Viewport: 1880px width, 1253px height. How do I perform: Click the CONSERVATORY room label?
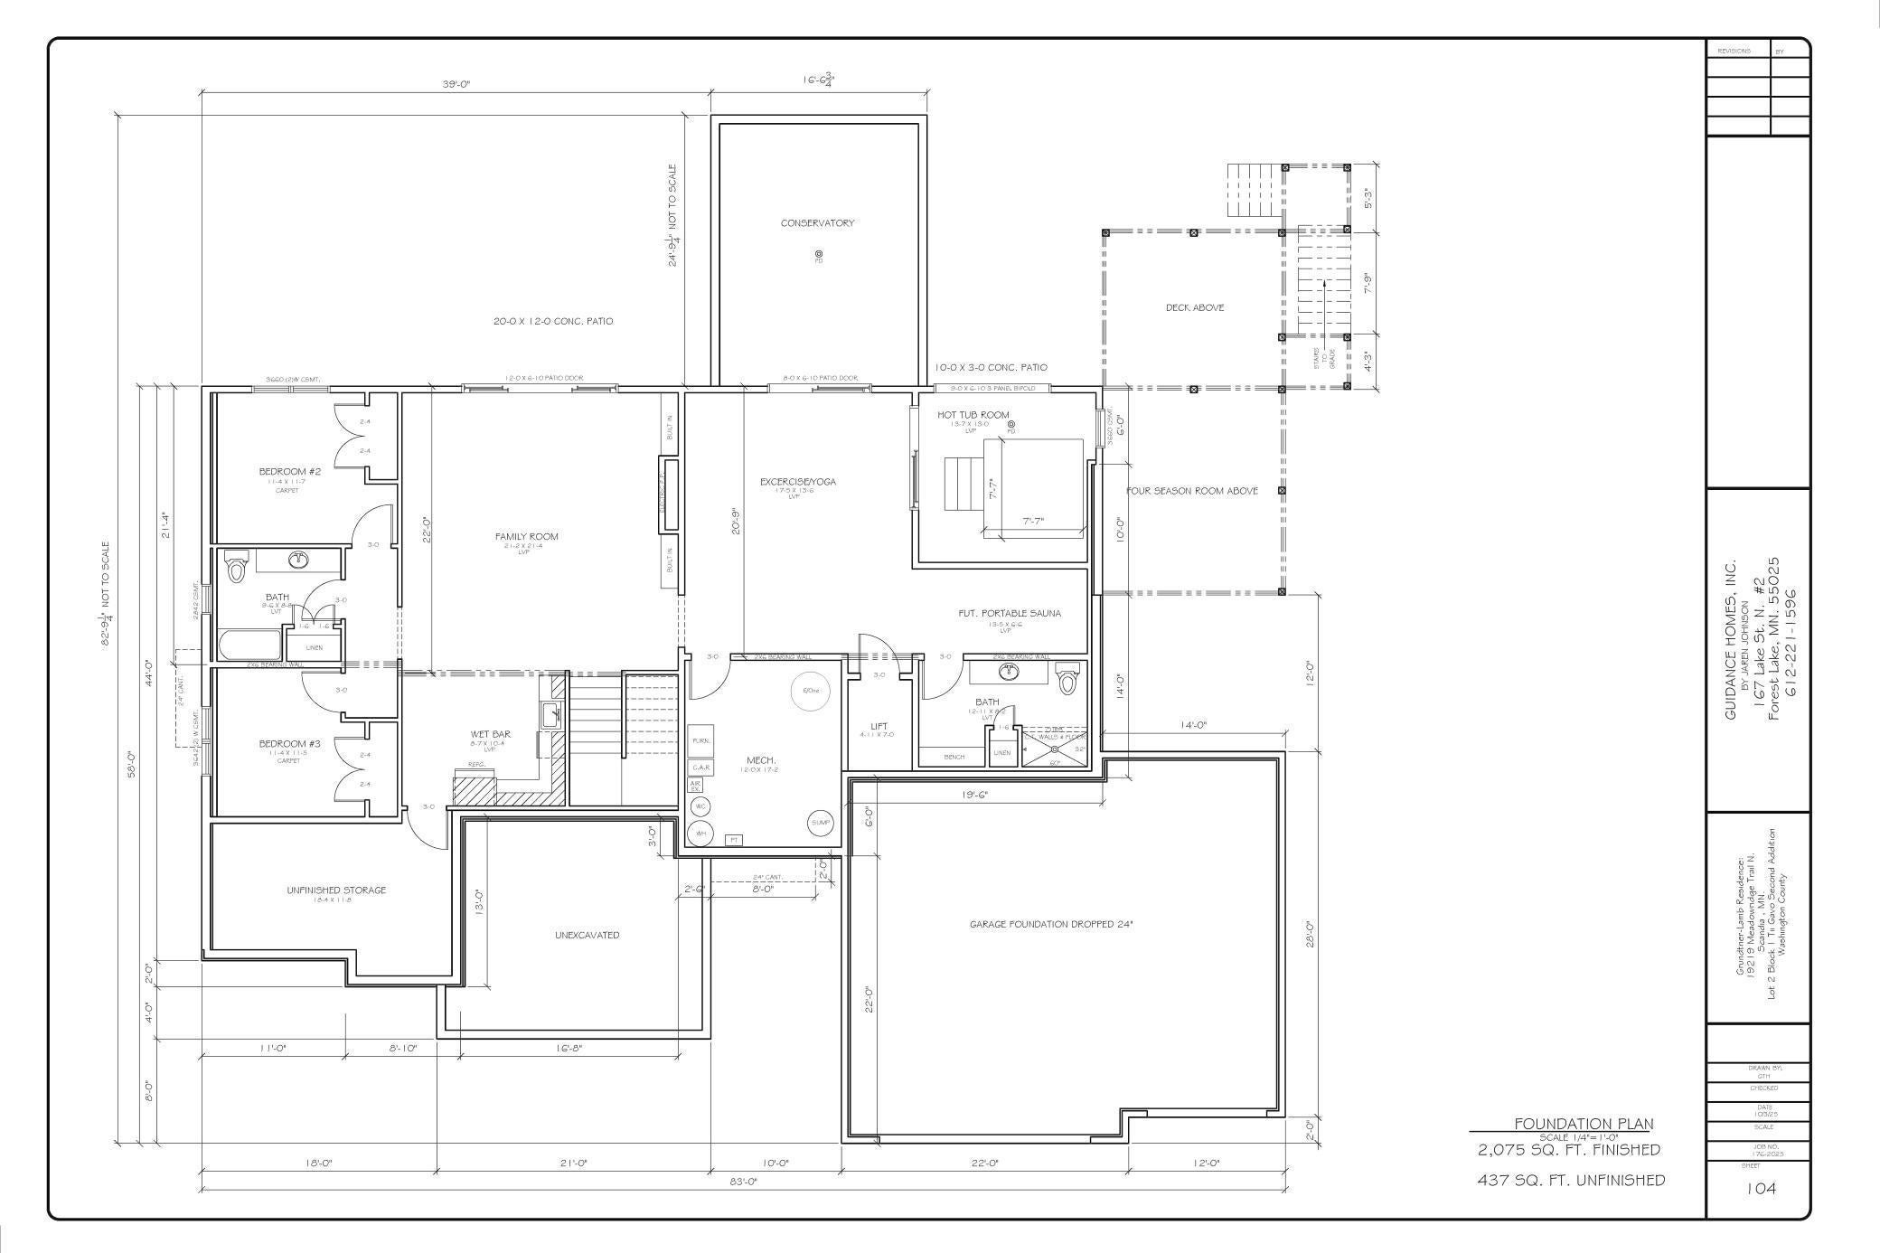(817, 223)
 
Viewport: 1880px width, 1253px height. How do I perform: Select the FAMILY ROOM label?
(526, 537)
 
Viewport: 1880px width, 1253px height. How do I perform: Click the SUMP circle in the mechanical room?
(820, 823)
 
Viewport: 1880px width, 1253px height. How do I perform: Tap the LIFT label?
(879, 727)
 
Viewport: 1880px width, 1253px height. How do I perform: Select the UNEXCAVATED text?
(587, 936)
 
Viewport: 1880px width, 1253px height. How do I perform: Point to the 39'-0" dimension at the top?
(456, 84)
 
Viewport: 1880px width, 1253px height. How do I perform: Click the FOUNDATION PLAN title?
(1583, 1124)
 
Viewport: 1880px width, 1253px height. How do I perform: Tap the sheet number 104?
(1761, 1188)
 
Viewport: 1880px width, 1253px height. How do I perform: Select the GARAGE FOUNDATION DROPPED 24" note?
(1050, 925)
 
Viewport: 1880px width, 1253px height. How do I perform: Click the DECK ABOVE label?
(1194, 308)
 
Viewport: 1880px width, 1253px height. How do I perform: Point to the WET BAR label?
(491, 734)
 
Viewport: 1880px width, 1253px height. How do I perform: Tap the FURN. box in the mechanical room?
(700, 740)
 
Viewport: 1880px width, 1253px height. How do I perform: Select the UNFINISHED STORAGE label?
(336, 890)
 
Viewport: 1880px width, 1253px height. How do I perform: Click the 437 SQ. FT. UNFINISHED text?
(1570, 1180)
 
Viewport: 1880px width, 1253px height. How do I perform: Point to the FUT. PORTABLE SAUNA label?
(1009, 614)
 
